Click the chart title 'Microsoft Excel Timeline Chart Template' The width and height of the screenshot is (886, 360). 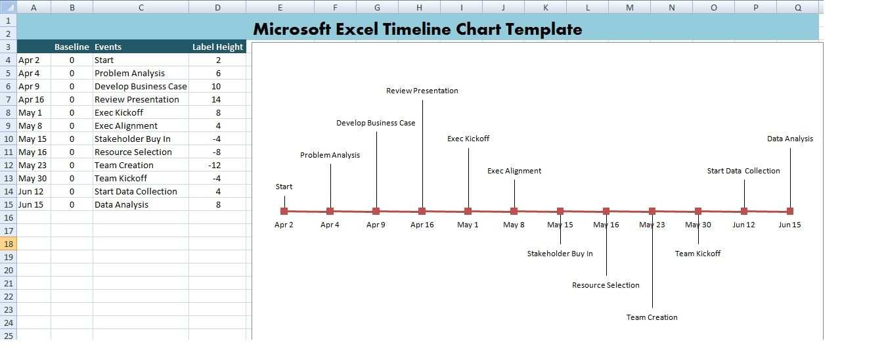tap(417, 30)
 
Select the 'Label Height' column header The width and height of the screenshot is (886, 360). tap(217, 47)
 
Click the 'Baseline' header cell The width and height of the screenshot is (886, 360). tap(72, 47)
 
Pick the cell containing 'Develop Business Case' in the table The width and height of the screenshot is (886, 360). tap(141, 86)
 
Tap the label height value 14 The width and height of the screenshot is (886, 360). tap(216, 99)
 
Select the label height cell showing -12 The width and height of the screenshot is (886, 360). tap(214, 165)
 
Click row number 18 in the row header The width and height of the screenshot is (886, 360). tap(9, 244)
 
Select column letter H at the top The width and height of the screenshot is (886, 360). tap(419, 7)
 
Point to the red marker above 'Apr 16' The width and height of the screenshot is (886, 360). tap(422, 212)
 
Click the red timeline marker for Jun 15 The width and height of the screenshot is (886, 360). tap(790, 212)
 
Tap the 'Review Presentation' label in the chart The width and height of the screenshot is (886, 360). tap(422, 91)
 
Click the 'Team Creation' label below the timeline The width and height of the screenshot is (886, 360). tap(652, 317)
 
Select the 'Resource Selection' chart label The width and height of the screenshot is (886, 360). tap(606, 285)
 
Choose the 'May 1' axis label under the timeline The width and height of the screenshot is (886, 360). tap(468, 225)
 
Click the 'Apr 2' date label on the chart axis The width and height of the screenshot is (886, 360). tap(284, 225)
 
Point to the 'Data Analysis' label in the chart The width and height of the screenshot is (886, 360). tap(790, 139)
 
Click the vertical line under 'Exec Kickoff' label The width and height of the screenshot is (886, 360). tap(468, 178)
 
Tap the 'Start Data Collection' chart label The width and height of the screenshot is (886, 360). tap(743, 171)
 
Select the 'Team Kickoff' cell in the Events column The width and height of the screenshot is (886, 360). tap(121, 179)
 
